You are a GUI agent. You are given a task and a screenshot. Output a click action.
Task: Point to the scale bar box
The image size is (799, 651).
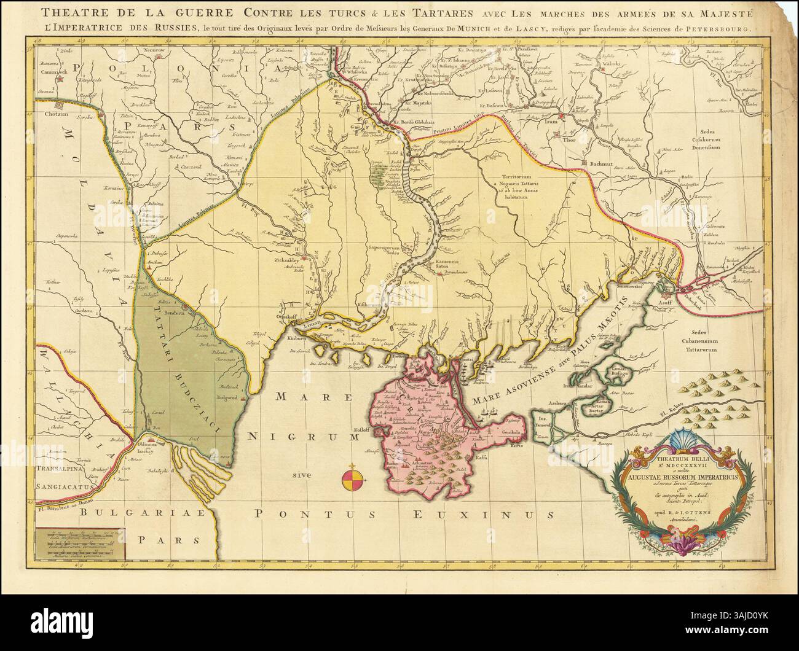click(x=79, y=545)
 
